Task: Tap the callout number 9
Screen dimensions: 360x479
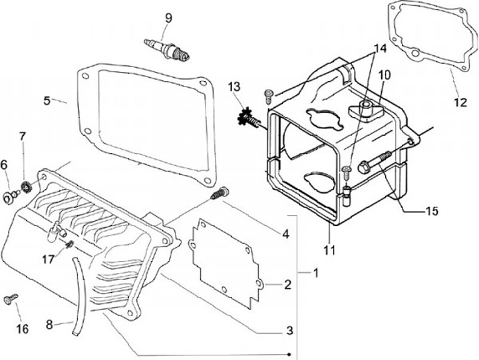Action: pos(169,18)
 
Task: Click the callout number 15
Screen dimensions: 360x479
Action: pos(432,212)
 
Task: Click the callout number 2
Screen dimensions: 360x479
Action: pos(287,285)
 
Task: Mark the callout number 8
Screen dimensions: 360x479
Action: pos(49,325)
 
